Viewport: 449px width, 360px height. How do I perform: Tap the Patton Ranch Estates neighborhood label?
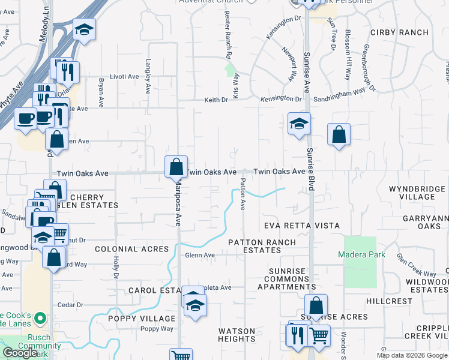[262, 246]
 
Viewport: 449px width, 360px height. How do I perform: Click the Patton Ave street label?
[243, 194]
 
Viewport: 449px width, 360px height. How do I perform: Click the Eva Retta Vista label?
[294, 226]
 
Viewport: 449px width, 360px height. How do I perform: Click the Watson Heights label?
[237, 335]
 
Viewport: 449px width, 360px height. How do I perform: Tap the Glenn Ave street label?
[200, 255]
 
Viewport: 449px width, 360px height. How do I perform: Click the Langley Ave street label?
[148, 77]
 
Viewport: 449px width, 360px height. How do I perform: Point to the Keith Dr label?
[216, 100]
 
